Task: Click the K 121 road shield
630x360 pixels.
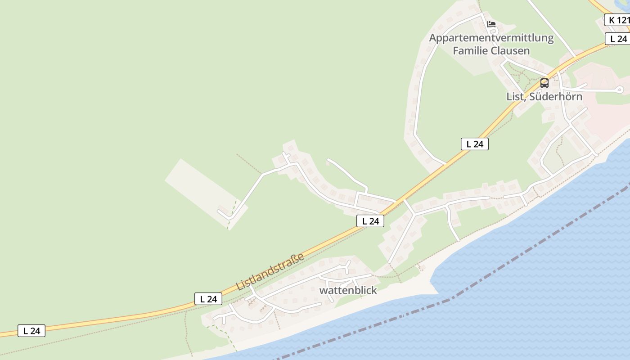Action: coord(617,20)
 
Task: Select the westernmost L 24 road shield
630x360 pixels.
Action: coord(31,331)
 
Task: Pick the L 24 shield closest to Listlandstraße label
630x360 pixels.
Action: coord(208,299)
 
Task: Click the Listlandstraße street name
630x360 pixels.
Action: coord(270,272)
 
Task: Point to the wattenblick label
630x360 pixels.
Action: coord(348,290)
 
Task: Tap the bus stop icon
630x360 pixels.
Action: coord(544,83)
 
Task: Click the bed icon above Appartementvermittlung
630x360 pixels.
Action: coord(491,24)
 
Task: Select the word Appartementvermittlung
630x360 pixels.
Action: coord(491,38)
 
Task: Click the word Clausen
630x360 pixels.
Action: coord(510,50)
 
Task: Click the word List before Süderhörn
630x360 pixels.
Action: coord(515,96)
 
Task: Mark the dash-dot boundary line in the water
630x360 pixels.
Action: coord(495,270)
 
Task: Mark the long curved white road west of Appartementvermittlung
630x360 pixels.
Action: coord(418,99)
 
